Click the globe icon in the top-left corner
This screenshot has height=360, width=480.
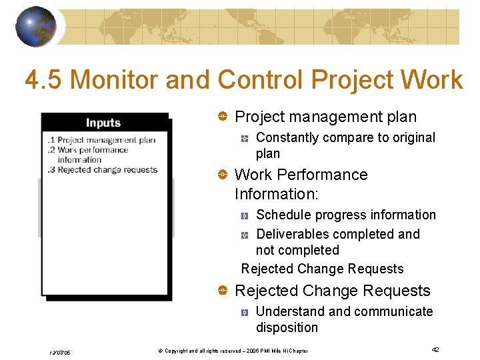coord(36,27)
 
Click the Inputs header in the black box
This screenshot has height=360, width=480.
coord(103,123)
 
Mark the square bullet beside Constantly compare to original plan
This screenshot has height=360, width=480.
coord(245,138)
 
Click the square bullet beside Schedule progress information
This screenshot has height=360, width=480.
coord(245,215)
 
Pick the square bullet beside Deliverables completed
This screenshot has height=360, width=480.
coord(245,235)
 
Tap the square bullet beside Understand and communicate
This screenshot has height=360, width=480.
coord(245,312)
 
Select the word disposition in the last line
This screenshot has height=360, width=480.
coord(287,328)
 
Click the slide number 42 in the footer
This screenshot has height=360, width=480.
coord(434,350)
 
